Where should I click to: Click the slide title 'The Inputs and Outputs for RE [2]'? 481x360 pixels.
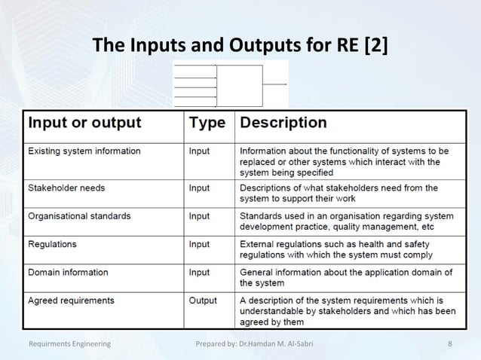240,45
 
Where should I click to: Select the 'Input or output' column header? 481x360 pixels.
84,122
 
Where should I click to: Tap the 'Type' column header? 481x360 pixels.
207,122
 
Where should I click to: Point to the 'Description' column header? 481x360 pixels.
283,122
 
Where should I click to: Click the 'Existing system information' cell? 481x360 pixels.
84,151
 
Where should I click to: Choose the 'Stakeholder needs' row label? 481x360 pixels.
66,187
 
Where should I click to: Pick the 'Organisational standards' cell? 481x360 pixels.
79,215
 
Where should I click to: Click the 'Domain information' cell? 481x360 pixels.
68,272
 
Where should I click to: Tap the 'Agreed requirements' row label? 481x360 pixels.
72,301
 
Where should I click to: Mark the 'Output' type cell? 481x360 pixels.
202,301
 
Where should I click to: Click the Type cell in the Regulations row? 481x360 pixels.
199,244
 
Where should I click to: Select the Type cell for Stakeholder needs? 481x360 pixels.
199,187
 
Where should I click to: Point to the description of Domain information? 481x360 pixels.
345,277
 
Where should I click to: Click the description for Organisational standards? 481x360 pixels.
346,221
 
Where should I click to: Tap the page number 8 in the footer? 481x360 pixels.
449,343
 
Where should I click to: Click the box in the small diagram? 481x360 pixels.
240,85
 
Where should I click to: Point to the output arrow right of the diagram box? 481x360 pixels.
275,84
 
